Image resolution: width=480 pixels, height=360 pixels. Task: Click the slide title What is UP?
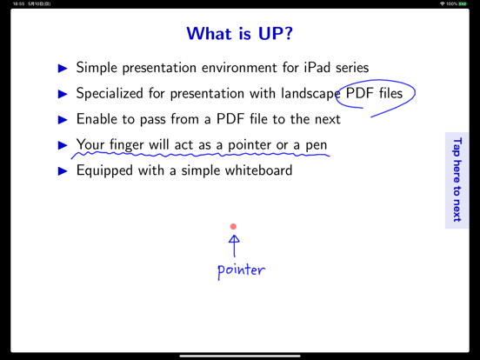click(239, 34)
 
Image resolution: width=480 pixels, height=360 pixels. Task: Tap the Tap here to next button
click(457, 180)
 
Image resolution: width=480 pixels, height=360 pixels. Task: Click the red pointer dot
click(233, 227)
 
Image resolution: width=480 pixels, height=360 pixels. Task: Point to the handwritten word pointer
click(241, 270)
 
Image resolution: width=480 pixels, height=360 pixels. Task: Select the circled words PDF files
click(374, 93)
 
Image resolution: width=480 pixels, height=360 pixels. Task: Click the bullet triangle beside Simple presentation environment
click(63, 68)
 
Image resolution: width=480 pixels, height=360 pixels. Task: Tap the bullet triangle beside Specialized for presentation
click(63, 93)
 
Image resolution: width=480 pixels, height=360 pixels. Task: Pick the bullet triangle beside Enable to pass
click(63, 119)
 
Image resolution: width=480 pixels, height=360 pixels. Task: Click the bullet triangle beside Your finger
click(63, 144)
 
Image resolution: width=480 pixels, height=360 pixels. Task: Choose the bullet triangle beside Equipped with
click(63, 170)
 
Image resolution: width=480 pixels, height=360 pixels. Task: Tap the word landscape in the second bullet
click(306, 93)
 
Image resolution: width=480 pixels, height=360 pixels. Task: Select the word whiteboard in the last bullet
click(258, 170)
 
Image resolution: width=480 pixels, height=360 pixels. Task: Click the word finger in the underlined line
click(127, 144)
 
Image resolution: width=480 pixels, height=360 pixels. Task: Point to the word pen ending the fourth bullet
click(316, 145)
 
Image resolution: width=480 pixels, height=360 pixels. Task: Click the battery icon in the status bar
click(463, 3)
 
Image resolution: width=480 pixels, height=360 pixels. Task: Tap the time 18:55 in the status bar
click(18, 3)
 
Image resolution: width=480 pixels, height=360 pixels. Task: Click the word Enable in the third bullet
click(97, 119)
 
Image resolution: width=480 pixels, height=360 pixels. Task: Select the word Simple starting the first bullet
click(97, 68)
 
